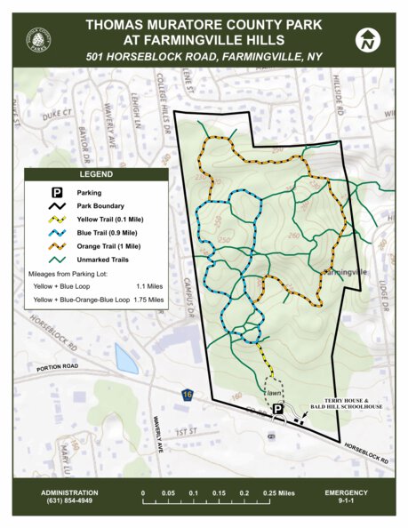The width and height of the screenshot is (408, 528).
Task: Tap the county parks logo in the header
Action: [x=38, y=39]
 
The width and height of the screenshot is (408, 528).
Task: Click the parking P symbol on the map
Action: [x=277, y=409]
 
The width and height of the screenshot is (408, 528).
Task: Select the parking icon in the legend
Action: [x=55, y=191]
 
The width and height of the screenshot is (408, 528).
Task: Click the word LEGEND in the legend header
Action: [x=96, y=174]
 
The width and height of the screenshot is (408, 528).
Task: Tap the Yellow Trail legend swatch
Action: [x=55, y=218]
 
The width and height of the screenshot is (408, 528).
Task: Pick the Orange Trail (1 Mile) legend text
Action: [x=113, y=244]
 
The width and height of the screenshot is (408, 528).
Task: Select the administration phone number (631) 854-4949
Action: [x=67, y=500]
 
